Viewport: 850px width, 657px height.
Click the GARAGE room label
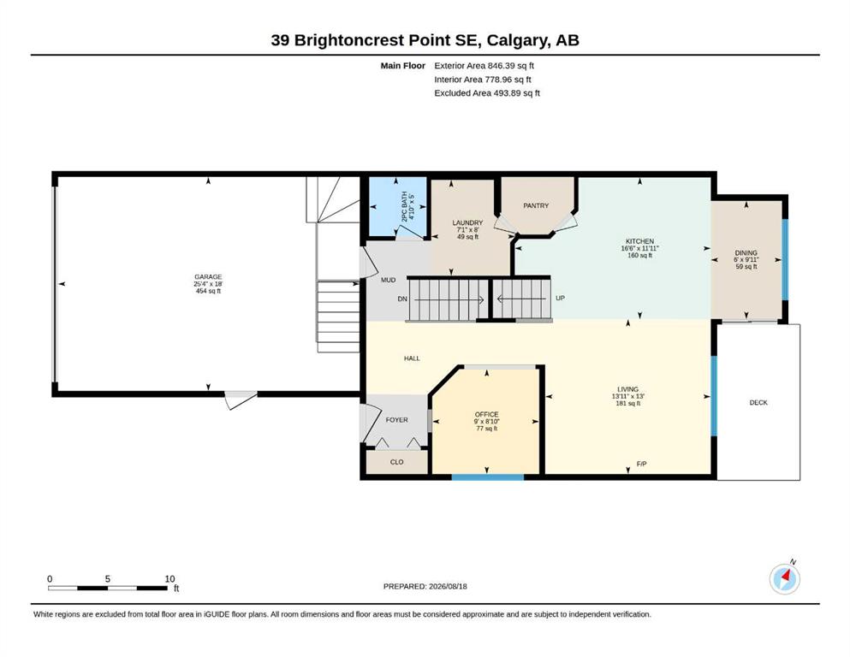[208, 277]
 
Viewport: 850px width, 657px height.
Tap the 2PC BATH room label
[404, 206]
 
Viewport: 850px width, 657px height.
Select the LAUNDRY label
[467, 222]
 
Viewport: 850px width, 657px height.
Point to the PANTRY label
[536, 206]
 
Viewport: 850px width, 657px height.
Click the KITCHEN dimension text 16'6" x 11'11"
[639, 248]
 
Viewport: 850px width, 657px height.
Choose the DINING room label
[746, 253]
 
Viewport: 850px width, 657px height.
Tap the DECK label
[758, 402]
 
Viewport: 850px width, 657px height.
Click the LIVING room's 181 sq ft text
[627, 403]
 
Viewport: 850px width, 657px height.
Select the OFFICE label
[486, 414]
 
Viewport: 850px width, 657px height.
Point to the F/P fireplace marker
[641, 464]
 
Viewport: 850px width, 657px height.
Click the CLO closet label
[397, 462]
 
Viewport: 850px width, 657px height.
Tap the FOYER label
[397, 420]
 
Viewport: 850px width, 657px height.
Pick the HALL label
[412, 358]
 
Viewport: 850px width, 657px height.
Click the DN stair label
[402, 299]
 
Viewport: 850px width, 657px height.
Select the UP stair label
[560, 298]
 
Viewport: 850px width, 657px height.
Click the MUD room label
[388, 280]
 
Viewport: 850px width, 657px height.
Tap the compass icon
[785, 579]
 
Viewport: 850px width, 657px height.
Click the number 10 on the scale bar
[169, 579]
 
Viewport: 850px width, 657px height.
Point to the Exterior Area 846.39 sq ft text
[484, 66]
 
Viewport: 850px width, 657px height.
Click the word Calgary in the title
[517, 40]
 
